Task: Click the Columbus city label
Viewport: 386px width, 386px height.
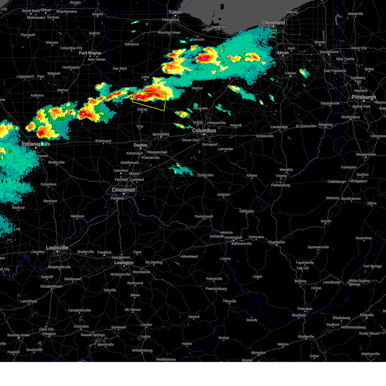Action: point(204,131)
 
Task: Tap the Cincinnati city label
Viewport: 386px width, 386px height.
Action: point(124,190)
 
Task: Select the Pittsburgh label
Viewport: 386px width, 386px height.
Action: point(363,97)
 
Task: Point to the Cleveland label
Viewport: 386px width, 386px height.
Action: point(273,23)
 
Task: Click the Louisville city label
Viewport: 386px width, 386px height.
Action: point(57,248)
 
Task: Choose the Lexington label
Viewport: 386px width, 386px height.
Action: point(124,263)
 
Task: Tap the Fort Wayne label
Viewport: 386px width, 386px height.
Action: point(90,53)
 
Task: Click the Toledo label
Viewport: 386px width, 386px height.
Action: point(175,12)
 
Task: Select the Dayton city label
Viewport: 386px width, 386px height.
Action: point(141,145)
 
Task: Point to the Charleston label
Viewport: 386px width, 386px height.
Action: point(277,242)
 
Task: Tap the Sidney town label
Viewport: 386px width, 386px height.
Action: point(142,110)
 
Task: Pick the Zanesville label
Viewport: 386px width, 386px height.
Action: point(265,136)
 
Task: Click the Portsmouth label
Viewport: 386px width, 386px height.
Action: point(204,216)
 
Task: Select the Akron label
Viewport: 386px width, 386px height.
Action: point(283,53)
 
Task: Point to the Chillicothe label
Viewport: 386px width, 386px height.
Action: point(205,175)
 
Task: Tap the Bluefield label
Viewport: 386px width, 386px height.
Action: point(299,315)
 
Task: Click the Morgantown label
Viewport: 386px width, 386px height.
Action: point(366,155)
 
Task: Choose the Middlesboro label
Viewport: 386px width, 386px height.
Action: point(166,359)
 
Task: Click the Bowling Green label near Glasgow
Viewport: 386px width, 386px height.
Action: point(19,335)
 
